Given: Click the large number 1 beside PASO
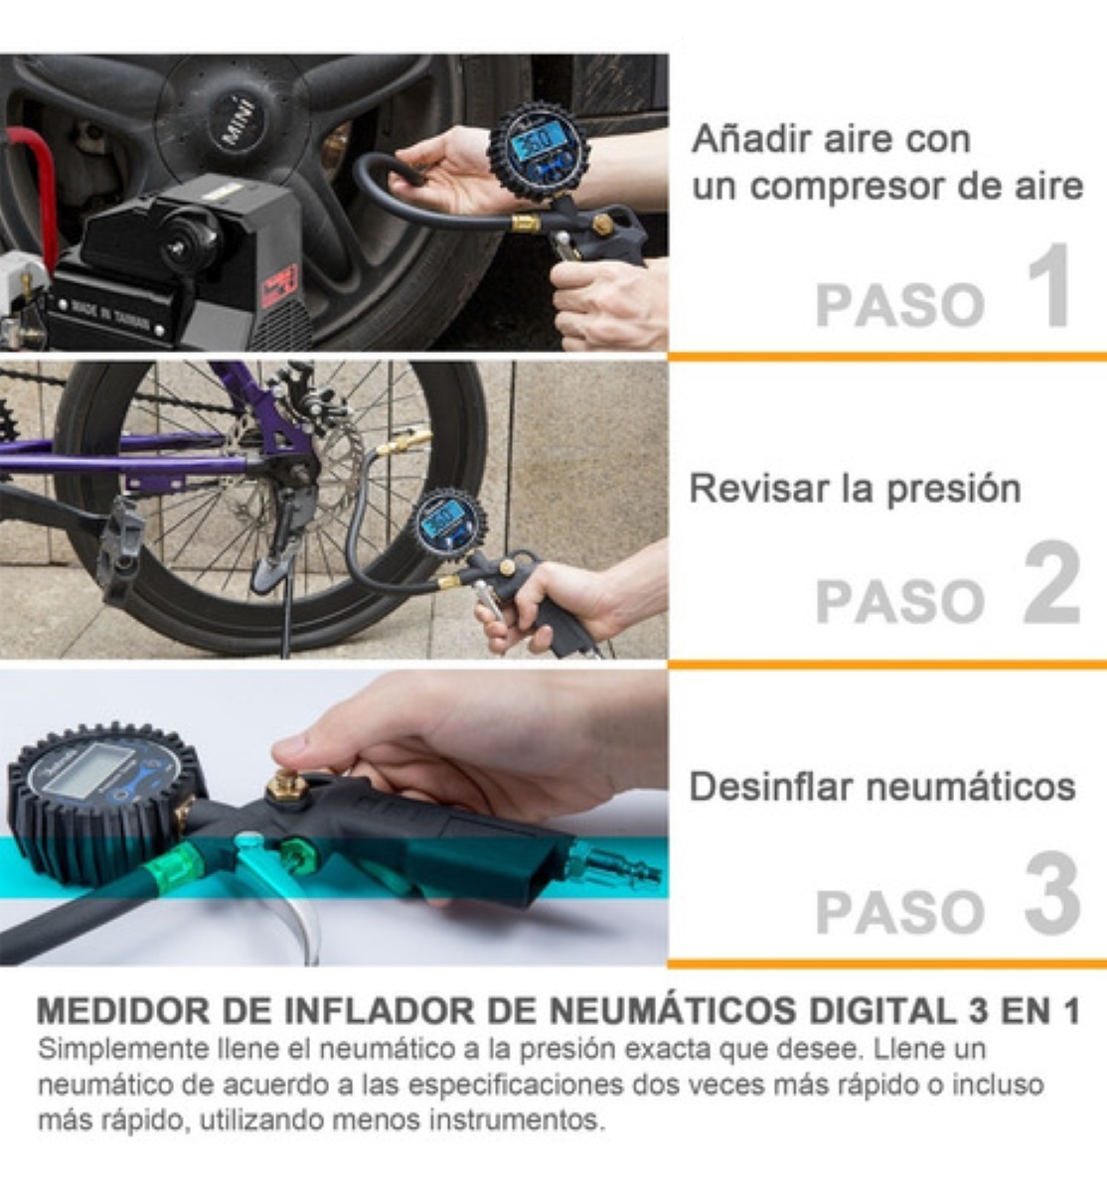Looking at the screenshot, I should [1048, 288].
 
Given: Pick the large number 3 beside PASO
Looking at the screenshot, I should [1051, 894].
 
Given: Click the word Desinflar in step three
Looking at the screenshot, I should [769, 787].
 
